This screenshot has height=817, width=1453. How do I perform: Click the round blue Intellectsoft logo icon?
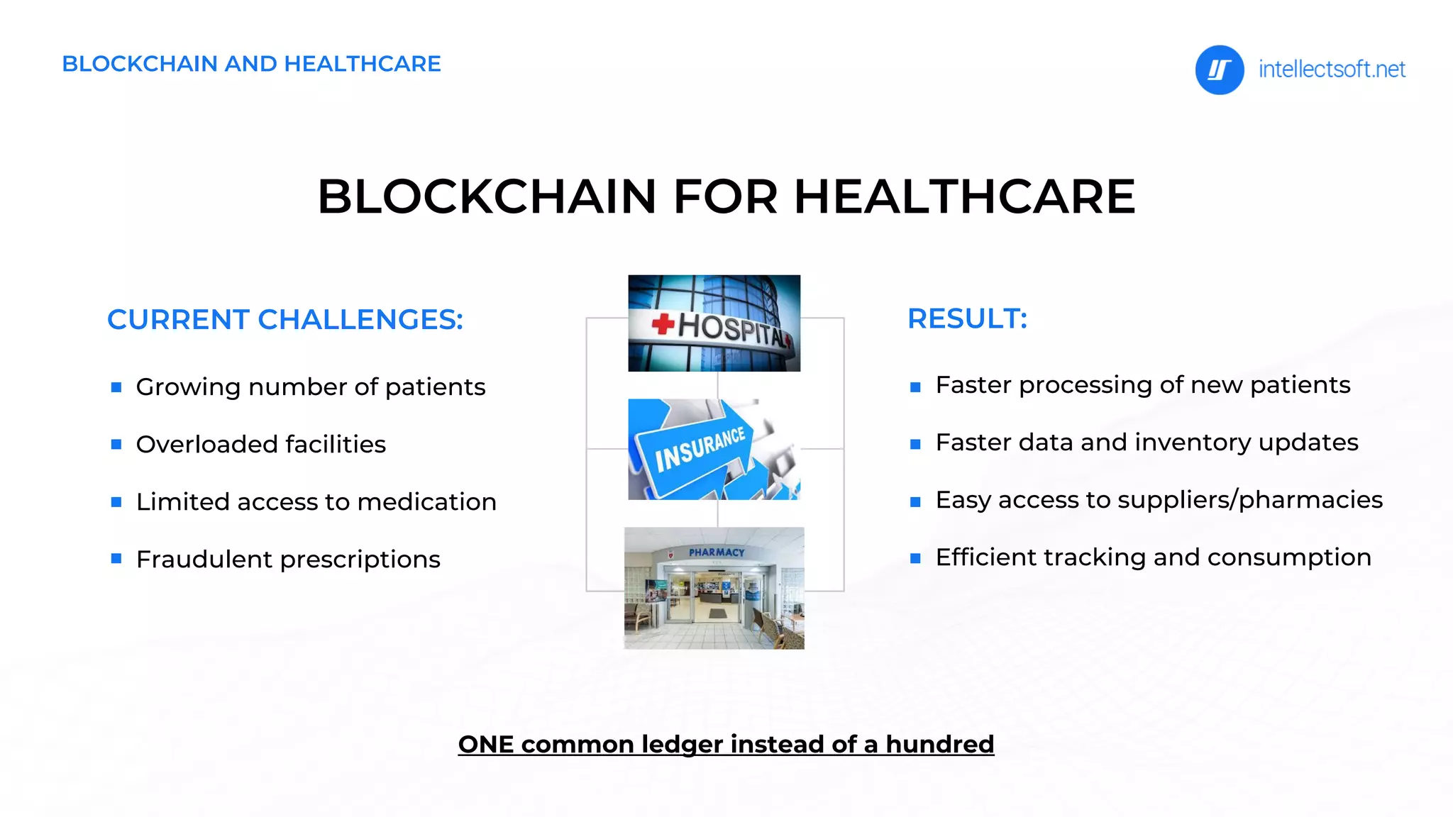click(x=1219, y=70)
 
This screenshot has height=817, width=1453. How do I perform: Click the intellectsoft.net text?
click(x=1331, y=70)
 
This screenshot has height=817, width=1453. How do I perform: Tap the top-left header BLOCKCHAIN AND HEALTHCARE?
click(x=251, y=64)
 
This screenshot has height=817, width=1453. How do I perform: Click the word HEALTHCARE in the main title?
click(x=964, y=196)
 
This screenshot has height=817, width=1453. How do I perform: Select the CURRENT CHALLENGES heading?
click(x=284, y=320)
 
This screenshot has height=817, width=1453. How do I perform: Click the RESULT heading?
click(x=967, y=319)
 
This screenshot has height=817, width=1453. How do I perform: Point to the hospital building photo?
click(x=714, y=323)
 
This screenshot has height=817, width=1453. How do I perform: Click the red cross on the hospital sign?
click(x=663, y=325)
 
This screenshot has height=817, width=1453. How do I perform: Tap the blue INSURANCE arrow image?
click(x=714, y=450)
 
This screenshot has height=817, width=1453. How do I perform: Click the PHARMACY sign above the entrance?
click(x=717, y=552)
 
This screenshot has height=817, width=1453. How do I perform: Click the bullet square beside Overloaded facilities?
click(x=116, y=445)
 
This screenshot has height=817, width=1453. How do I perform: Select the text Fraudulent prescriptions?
click(x=288, y=560)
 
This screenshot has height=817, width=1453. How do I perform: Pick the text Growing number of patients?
click(x=310, y=387)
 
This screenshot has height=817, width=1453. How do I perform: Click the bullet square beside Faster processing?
click(x=915, y=387)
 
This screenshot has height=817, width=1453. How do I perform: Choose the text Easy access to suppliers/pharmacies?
click(x=1159, y=500)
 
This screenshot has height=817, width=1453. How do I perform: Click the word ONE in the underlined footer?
click(x=485, y=745)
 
